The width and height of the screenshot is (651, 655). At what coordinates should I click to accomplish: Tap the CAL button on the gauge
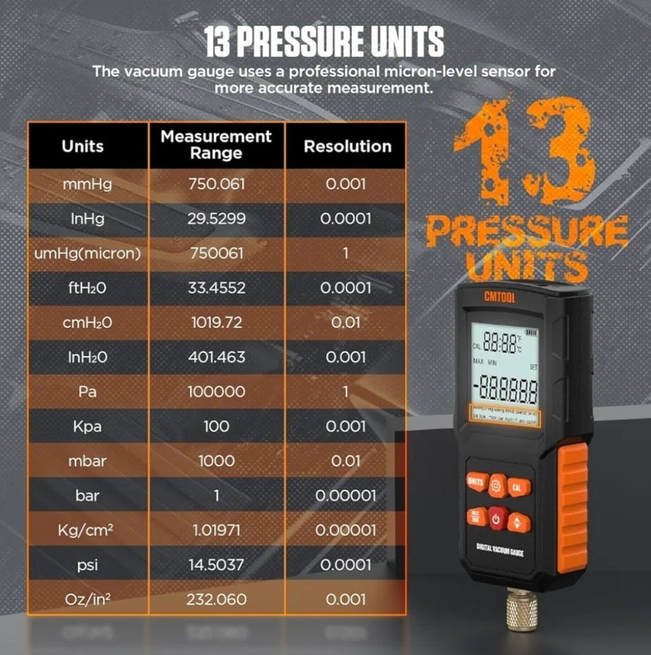517,487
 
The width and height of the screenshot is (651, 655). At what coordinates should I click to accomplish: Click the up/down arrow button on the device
518,522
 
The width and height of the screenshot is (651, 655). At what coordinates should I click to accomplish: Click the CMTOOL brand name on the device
501,296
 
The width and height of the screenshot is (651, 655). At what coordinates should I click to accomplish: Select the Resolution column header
346,146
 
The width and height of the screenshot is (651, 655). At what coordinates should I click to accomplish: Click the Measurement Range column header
216,145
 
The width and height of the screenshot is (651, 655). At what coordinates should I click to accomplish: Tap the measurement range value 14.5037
216,565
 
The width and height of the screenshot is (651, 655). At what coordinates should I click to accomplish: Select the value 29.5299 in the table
216,218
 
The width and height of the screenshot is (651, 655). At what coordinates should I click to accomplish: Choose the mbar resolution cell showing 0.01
346,460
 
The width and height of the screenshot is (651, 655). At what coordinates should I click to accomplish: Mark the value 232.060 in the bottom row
216,599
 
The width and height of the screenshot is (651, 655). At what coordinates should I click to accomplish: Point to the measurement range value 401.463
216,357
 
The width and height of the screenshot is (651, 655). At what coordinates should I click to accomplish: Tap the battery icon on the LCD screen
529,332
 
